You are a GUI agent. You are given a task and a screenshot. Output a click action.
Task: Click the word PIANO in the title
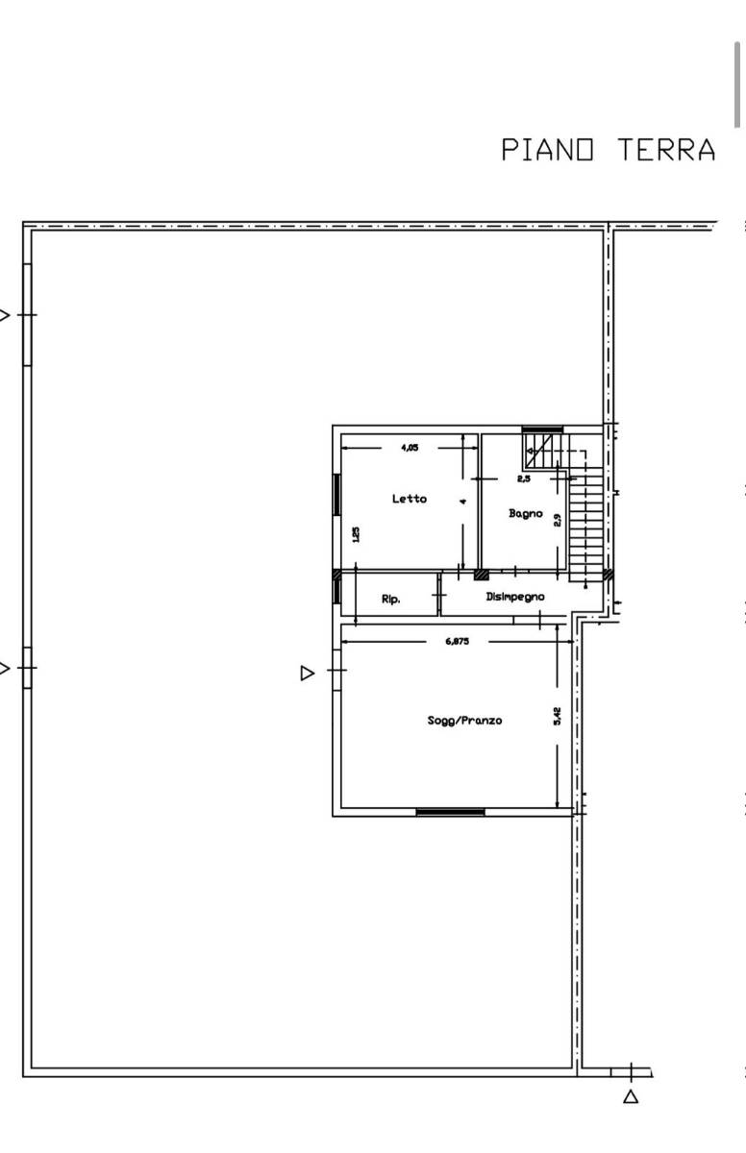point(547,150)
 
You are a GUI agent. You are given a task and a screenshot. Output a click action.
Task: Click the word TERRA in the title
point(667,150)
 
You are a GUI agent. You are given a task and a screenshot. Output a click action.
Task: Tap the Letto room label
point(410,499)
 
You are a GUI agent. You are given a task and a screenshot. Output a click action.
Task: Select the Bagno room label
point(525,513)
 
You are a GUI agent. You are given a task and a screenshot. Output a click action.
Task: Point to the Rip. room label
point(390,600)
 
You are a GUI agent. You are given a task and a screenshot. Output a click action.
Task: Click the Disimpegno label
point(515,597)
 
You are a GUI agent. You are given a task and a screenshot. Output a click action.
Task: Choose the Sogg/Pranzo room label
point(464,720)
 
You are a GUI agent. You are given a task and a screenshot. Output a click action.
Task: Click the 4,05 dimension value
point(410,448)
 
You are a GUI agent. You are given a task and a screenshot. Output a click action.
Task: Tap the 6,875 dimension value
point(458,642)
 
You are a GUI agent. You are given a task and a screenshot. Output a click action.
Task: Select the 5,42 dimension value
point(557,716)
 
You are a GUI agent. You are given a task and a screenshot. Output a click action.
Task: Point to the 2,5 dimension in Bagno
point(524,478)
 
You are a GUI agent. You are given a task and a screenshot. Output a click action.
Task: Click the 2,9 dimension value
point(557,521)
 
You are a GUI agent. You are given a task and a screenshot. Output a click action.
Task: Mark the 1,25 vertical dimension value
point(356,534)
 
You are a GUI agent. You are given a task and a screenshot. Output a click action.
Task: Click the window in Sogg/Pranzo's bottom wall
point(451,812)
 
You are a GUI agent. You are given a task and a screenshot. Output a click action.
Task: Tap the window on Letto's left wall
point(336,495)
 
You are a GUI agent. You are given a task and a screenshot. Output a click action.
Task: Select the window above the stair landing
point(542,429)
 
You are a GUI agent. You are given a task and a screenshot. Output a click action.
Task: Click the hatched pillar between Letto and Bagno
point(482,575)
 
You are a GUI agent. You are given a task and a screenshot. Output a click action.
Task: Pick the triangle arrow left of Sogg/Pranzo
point(307,674)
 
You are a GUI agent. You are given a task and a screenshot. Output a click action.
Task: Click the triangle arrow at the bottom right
point(632,1096)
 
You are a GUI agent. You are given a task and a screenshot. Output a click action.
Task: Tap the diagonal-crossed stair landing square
point(538,451)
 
